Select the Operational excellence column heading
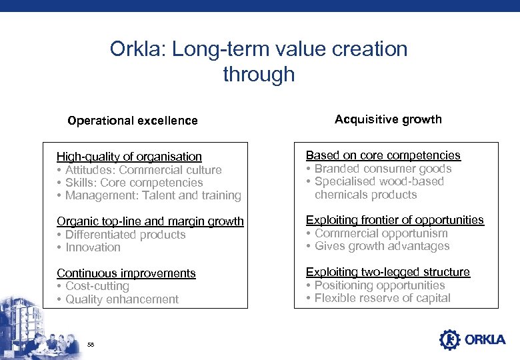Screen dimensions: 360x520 (x=133, y=121)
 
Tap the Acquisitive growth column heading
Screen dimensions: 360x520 (x=388, y=119)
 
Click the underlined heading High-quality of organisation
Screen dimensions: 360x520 (x=129, y=157)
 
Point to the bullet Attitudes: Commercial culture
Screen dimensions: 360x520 (x=143, y=170)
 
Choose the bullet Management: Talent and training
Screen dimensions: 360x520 (x=153, y=195)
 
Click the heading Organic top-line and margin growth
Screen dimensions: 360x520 (x=150, y=221)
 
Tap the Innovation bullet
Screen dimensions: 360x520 (x=93, y=247)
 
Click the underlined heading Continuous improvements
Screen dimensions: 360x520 (x=126, y=273)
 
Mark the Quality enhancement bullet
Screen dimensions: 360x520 (x=121, y=299)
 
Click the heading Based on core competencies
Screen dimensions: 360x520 (x=383, y=155)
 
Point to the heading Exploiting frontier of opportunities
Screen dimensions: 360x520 (x=395, y=220)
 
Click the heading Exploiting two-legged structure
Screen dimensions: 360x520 (x=387, y=272)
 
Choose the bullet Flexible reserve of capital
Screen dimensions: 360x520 (x=382, y=298)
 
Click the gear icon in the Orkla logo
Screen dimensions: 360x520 (x=449, y=340)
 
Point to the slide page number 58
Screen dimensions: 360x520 (x=91, y=344)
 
